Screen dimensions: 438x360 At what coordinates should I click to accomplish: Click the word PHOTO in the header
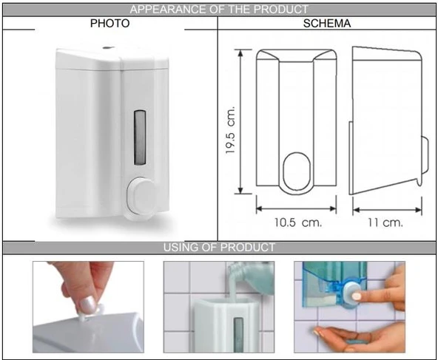[x=109, y=23]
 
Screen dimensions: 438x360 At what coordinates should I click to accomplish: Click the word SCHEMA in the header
[x=327, y=24]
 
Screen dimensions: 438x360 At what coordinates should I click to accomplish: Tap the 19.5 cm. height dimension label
[x=231, y=130]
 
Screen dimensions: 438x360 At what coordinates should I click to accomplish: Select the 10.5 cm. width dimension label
[x=297, y=223]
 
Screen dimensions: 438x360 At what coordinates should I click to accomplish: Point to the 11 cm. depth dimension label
[x=385, y=223]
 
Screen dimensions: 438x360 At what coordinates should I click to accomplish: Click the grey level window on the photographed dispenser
[x=140, y=137]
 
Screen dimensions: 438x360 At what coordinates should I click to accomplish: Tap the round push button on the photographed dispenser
[x=142, y=194]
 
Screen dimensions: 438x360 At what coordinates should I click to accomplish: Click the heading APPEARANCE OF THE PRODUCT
[x=219, y=10]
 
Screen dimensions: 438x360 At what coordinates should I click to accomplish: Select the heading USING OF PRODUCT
[x=219, y=248]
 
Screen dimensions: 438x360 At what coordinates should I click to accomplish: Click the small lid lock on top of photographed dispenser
[x=108, y=48]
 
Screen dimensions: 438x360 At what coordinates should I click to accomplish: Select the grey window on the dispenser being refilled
[x=238, y=335]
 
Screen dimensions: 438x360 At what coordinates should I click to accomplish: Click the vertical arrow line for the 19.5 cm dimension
[x=240, y=121]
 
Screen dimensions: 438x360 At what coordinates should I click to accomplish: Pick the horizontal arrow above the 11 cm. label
[x=387, y=210]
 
